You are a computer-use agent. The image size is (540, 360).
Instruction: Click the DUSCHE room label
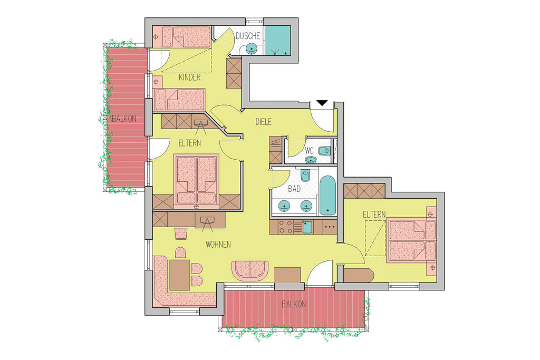click(248, 36)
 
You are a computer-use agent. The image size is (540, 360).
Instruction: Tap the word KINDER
click(189, 77)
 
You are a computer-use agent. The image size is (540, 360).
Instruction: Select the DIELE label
click(264, 122)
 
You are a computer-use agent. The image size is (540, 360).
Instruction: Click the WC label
click(309, 151)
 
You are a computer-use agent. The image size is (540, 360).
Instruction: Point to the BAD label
click(294, 189)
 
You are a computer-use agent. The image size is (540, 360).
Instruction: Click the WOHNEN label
click(218, 245)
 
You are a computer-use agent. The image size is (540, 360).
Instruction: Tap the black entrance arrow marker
click(322, 103)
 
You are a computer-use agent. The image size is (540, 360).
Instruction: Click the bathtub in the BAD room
click(327, 195)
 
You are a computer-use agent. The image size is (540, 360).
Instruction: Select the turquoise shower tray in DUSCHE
click(278, 41)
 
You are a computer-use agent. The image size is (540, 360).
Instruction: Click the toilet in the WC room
click(324, 151)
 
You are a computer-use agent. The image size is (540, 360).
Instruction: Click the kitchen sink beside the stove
click(307, 227)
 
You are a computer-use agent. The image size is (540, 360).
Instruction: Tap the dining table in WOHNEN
click(179, 275)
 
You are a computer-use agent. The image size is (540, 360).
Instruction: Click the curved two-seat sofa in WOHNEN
click(250, 270)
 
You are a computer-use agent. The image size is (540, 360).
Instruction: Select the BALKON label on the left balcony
click(123, 119)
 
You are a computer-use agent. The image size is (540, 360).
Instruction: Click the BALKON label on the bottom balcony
click(293, 304)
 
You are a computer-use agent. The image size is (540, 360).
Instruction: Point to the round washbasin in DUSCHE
click(251, 48)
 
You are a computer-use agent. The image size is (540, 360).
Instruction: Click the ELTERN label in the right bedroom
click(374, 215)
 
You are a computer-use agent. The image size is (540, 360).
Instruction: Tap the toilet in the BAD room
click(305, 174)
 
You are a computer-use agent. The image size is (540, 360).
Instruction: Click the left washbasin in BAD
click(284, 206)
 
